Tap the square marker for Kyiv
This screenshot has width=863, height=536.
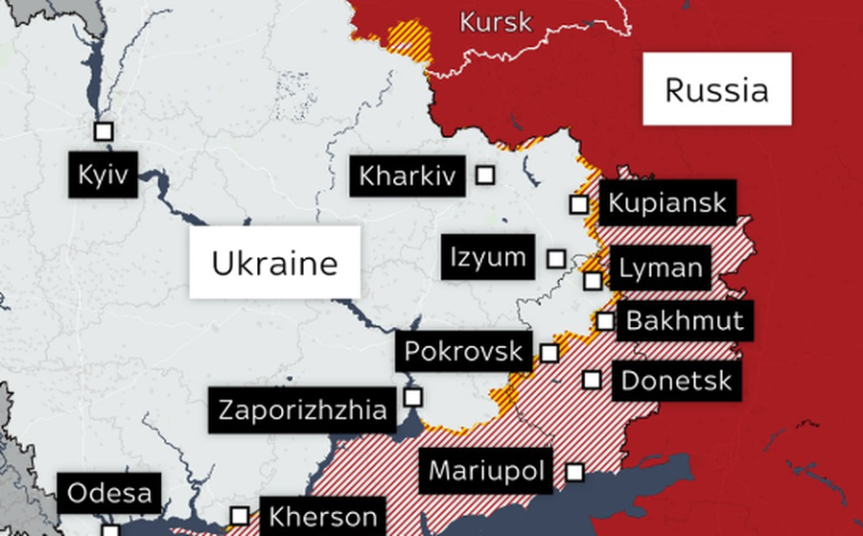(x=104, y=131)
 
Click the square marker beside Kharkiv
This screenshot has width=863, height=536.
(x=486, y=175)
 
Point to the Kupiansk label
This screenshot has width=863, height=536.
(x=667, y=203)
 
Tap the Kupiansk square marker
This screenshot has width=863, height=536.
(x=578, y=204)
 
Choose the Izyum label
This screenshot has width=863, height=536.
(x=488, y=257)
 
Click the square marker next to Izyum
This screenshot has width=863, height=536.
(x=556, y=259)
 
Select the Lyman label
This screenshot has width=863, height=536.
(x=661, y=268)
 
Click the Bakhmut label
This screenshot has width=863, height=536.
(x=684, y=320)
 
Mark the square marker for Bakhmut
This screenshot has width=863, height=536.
(x=605, y=321)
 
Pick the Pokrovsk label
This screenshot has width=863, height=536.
(x=463, y=351)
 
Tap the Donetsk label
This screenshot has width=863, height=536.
(x=676, y=380)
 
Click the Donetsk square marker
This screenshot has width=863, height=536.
(x=593, y=380)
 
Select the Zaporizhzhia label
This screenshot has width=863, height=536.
(x=303, y=410)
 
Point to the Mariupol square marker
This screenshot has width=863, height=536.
(x=575, y=472)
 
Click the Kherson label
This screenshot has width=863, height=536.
(x=322, y=517)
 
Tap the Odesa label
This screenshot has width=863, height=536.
(x=109, y=494)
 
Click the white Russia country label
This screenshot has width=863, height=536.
(x=716, y=89)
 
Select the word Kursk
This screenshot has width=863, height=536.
(x=495, y=22)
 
